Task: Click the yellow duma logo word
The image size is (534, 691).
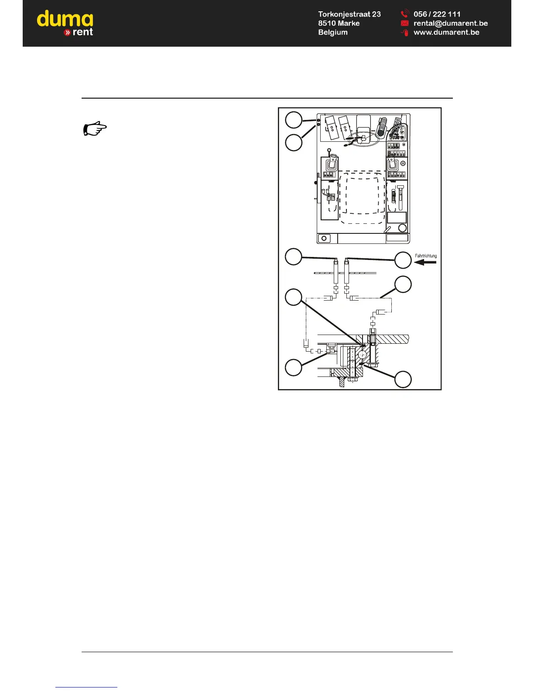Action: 65,20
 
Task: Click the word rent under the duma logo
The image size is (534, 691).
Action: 82,32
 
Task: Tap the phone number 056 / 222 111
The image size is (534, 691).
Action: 437,14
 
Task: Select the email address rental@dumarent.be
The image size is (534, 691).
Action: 450,23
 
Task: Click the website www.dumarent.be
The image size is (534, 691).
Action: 446,32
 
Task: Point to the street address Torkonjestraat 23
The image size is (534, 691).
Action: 349,14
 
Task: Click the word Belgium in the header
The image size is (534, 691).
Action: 332,32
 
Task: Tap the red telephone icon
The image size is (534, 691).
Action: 404,14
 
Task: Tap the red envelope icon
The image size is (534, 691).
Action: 404,23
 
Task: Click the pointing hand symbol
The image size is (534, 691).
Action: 95,129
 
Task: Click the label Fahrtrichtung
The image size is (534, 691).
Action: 425,256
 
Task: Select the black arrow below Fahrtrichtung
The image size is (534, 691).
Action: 425,263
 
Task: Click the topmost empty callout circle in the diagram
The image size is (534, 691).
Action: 294,120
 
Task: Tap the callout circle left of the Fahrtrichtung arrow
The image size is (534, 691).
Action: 403,260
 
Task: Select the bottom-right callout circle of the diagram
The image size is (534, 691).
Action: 403,379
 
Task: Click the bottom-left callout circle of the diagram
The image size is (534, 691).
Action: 294,367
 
